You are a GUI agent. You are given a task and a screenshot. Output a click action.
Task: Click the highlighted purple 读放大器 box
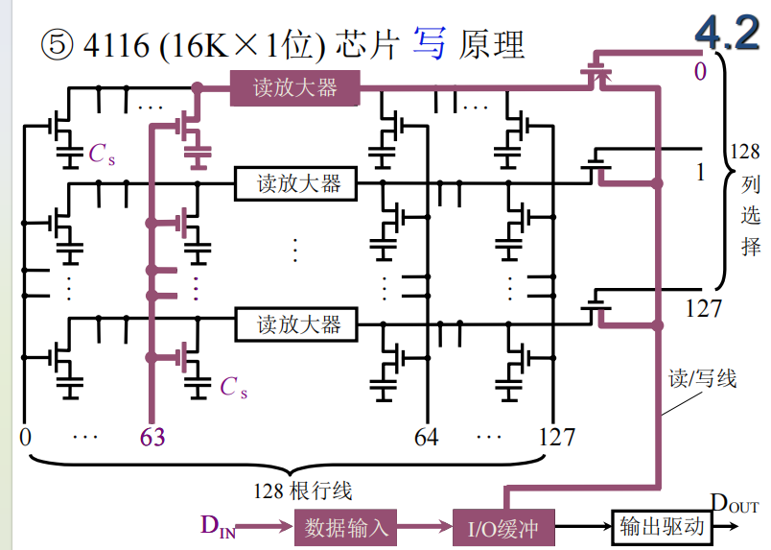295,88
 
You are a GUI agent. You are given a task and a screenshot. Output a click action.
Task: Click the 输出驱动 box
661,526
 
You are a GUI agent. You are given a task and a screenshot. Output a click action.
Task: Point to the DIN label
218,525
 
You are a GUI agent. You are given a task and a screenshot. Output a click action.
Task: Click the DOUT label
735,503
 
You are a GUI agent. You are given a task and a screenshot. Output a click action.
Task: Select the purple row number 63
152,438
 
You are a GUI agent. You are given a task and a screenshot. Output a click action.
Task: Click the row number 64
427,438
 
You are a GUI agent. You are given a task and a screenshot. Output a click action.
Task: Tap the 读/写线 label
702,378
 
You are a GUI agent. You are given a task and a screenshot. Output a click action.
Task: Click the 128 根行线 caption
303,491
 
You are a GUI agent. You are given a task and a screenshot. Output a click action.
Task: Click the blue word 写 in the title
430,44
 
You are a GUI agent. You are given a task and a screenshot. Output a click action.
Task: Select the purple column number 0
701,71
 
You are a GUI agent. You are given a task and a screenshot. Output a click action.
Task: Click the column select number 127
704,308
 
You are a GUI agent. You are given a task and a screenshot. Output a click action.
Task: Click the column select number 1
701,172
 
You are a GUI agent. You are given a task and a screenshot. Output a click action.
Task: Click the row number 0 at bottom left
25,438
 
